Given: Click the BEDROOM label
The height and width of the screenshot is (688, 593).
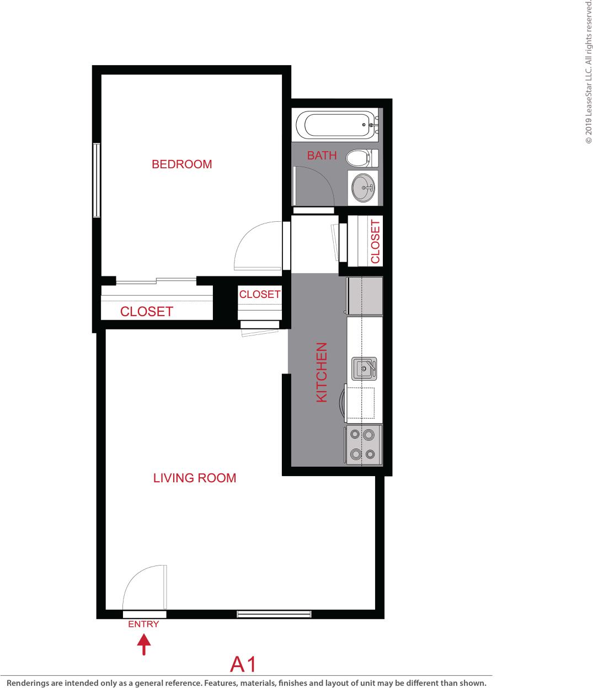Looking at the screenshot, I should point(181,164).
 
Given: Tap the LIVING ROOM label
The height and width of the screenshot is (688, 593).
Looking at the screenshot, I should point(194,478).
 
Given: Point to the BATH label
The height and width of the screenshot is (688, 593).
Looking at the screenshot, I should point(322,156).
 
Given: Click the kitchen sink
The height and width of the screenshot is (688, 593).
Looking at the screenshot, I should point(364,368).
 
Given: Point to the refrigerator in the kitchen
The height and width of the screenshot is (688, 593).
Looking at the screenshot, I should point(364,296).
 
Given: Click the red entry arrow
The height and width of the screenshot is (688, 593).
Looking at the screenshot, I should point(143,645).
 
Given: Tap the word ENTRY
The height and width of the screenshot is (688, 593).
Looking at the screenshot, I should point(143,625).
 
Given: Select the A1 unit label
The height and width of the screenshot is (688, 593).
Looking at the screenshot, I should point(244,664).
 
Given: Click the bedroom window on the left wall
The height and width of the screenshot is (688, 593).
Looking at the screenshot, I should point(96,180).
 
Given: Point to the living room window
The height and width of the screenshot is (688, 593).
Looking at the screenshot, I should point(274,614).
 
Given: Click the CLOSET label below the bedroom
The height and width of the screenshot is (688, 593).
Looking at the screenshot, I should point(146,311).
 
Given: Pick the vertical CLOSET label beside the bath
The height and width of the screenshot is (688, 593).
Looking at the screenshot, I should point(375,242).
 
